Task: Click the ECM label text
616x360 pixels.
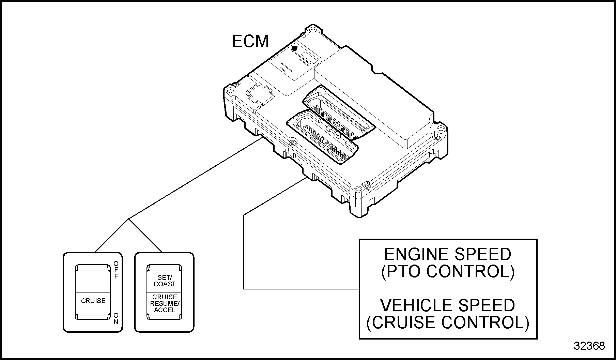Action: point(250,42)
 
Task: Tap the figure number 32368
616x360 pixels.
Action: point(589,346)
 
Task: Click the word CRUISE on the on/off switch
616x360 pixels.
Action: point(93,301)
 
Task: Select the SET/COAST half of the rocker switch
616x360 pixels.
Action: point(165,281)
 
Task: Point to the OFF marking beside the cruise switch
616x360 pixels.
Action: point(116,270)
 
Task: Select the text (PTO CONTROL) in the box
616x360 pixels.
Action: point(448,271)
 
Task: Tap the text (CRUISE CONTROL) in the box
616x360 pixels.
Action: point(448,322)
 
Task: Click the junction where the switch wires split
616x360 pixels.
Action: point(129,219)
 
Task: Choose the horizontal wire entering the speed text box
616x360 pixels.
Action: point(302,289)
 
